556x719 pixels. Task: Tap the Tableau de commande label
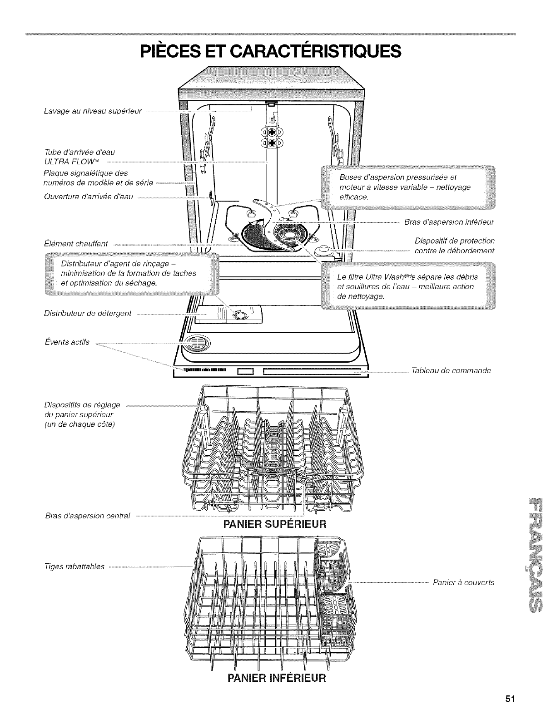pos(451,370)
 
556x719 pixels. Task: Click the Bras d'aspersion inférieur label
pos(449,222)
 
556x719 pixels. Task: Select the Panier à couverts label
pos(463,582)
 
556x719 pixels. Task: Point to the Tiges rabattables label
pos(74,566)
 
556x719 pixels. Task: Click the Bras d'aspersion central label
pos(88,516)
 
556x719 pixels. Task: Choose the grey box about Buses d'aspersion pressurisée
pos(408,187)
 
